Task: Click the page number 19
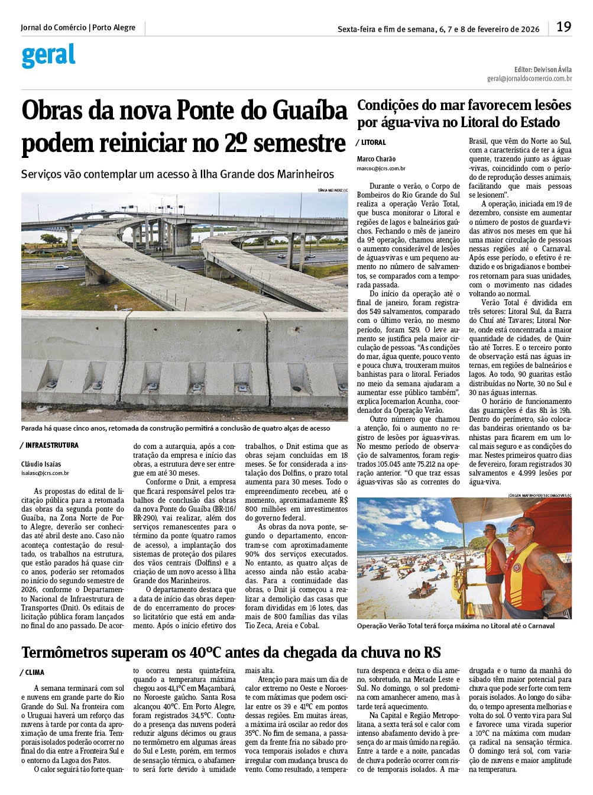pyautogui.click(x=563, y=27)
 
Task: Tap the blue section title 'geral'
pyautogui.click(x=48, y=56)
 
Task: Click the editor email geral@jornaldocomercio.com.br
pyautogui.click(x=529, y=78)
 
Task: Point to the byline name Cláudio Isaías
pyautogui.click(x=41, y=464)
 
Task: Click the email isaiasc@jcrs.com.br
pyautogui.click(x=45, y=473)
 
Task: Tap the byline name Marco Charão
pyautogui.click(x=376, y=159)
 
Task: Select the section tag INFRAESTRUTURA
pyautogui.click(x=51, y=445)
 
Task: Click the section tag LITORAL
pyautogui.click(x=373, y=143)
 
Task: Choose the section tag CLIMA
pyautogui.click(x=34, y=673)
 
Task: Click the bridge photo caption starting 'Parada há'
pyautogui.click(x=175, y=428)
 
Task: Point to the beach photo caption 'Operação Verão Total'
pyautogui.click(x=455, y=626)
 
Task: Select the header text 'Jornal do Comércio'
pyautogui.click(x=54, y=28)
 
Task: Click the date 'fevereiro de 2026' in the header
pyautogui.click(x=508, y=29)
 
